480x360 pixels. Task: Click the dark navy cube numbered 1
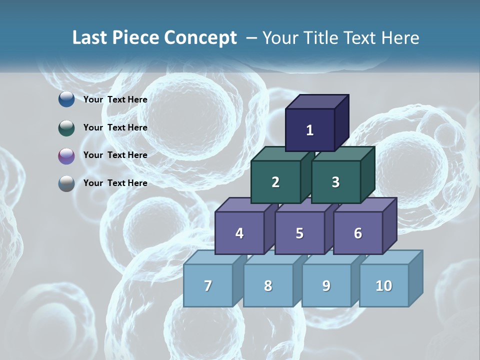coord(310,130)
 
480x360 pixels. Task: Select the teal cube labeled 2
coord(275,182)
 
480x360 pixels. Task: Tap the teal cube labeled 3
coord(335,182)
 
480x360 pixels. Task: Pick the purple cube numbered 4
coord(239,233)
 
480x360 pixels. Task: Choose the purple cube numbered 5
coord(299,233)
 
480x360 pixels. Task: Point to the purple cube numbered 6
coord(357,233)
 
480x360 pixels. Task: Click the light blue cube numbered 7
coord(208,285)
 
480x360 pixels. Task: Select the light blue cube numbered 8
coord(268,285)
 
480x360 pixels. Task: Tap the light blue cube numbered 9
coord(326,285)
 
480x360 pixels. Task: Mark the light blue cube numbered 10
coord(383,285)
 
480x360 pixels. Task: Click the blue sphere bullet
coord(66,99)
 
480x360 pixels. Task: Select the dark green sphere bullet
coord(66,127)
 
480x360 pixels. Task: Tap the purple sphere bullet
coord(66,155)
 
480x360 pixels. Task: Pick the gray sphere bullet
coord(66,183)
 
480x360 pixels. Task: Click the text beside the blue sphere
coord(115,99)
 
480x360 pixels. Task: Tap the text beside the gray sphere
coord(115,183)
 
